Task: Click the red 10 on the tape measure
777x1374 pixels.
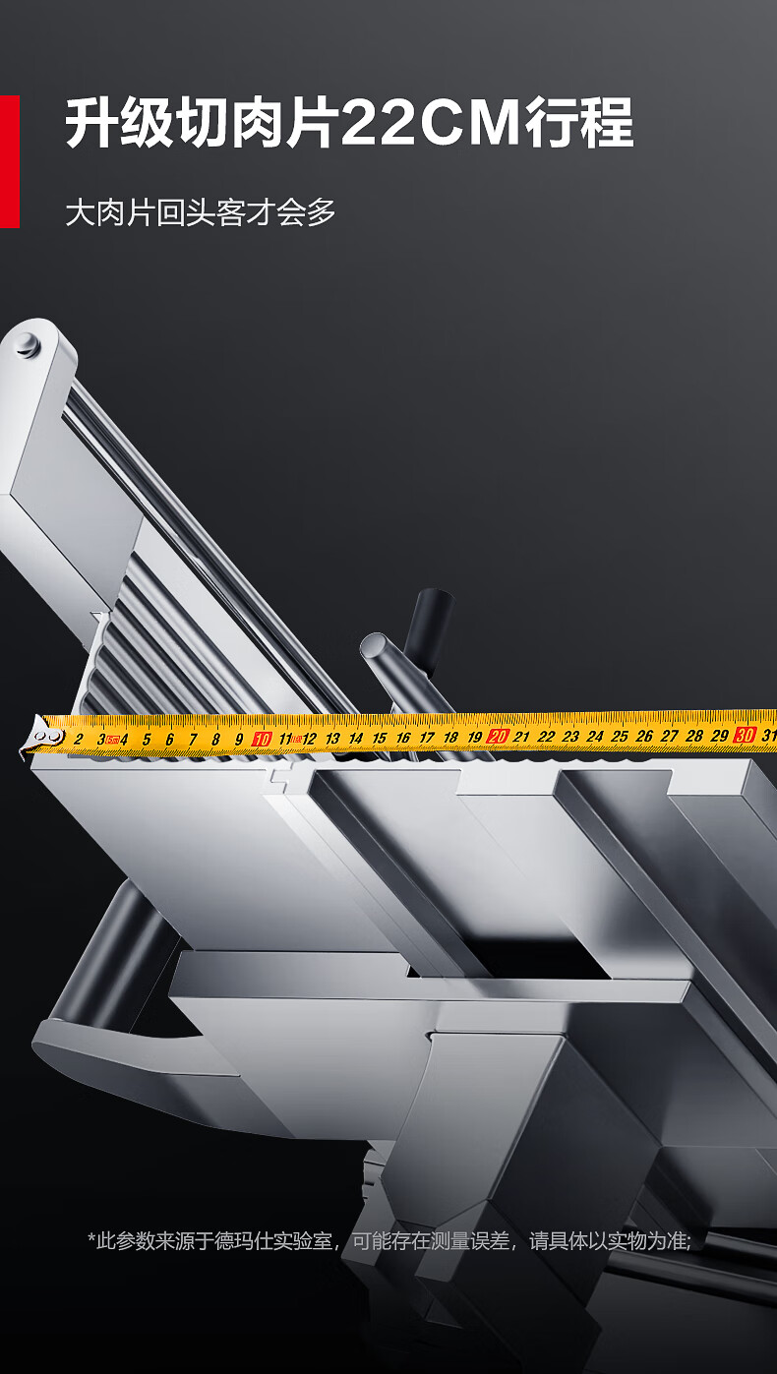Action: coord(262,740)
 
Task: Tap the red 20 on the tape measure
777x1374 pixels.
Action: coord(497,736)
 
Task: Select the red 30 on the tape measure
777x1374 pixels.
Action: coord(745,735)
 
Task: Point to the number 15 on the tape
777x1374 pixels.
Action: coord(379,738)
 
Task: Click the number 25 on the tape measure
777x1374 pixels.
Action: coord(620,736)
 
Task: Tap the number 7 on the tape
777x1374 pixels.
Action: coord(193,740)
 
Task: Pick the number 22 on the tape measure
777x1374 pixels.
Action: coord(546,737)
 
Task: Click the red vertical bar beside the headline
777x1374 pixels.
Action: coord(10,161)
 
